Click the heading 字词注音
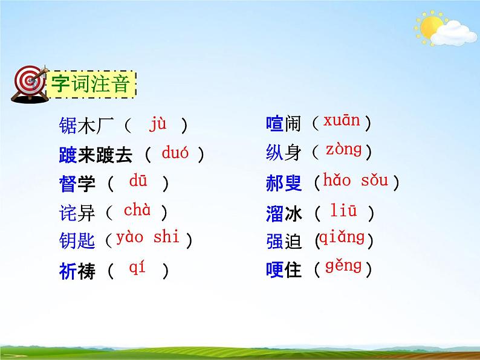tap(90, 84)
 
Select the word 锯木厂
tap(86, 125)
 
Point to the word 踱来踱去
tap(96, 155)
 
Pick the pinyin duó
tap(175, 153)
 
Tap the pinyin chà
tap(137, 210)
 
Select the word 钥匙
tap(77, 240)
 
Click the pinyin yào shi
tap(148, 237)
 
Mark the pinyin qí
tap(137, 268)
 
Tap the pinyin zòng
tap(343, 149)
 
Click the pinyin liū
tap(343, 211)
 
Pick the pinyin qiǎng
tap(342, 237)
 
